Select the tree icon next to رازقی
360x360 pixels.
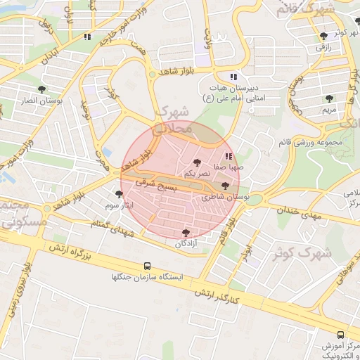[323, 35]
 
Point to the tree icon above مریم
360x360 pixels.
[328, 98]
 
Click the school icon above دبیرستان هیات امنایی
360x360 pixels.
[233, 77]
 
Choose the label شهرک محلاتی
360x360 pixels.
[172, 120]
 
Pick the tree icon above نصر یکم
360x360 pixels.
[196, 162]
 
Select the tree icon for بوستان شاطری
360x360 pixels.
[225, 186]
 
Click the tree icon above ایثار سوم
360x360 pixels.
[118, 194]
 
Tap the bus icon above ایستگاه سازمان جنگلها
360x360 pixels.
[147, 266]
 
